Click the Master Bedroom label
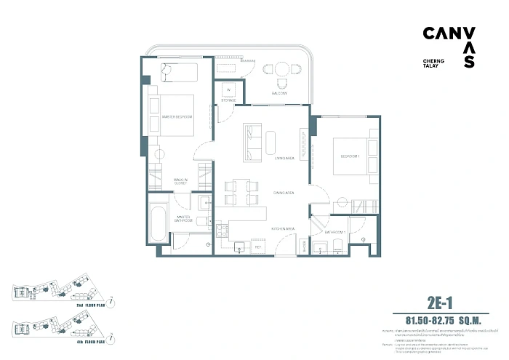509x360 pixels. (177, 117)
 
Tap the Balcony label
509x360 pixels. (281, 94)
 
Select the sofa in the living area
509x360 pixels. (252, 141)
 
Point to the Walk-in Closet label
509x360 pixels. (180, 182)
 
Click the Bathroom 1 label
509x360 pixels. (334, 232)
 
